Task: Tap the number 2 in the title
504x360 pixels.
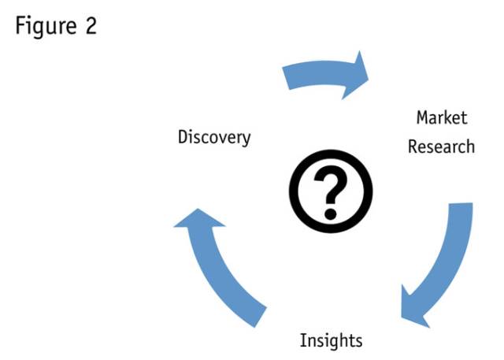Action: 91,25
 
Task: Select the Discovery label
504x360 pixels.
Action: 214,137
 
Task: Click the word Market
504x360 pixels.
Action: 442,118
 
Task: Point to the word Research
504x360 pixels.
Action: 442,147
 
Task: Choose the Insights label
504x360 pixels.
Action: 331,340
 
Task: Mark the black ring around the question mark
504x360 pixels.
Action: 295,189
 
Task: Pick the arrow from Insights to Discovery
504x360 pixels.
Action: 220,268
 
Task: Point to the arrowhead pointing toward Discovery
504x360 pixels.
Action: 193,225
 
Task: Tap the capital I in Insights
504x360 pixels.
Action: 303,340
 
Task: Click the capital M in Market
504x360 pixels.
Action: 423,118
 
